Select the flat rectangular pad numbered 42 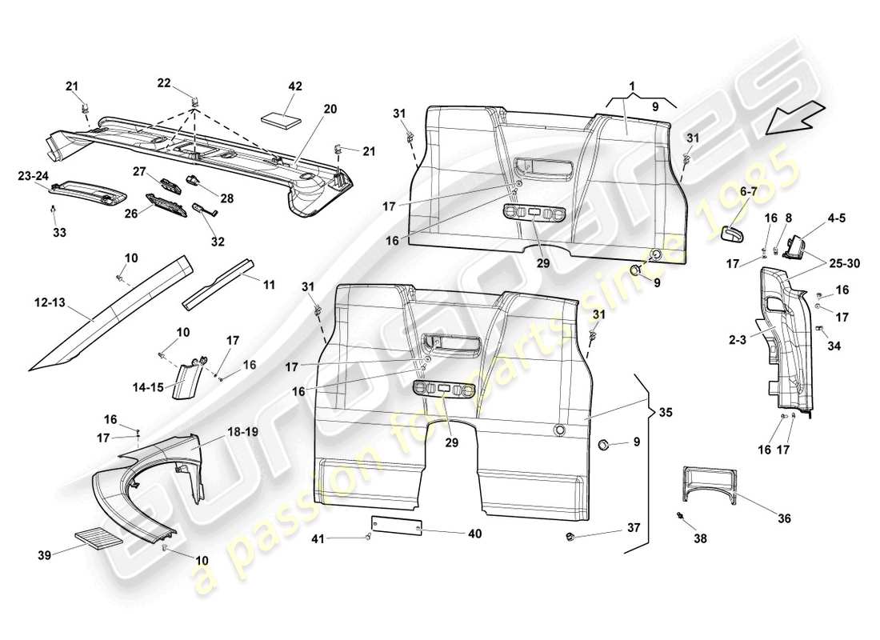click(x=282, y=115)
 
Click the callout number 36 click(x=784, y=519)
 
